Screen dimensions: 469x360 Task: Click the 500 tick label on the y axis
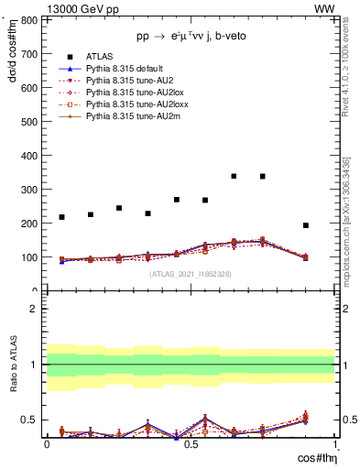pos(28,121)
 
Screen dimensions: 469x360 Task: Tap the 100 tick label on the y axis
pos(28,257)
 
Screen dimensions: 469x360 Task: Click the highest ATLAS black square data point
pos(235,176)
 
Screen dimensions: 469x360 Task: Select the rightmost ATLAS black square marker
pos(306,225)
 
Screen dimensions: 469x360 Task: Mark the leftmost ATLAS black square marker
pos(61,217)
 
